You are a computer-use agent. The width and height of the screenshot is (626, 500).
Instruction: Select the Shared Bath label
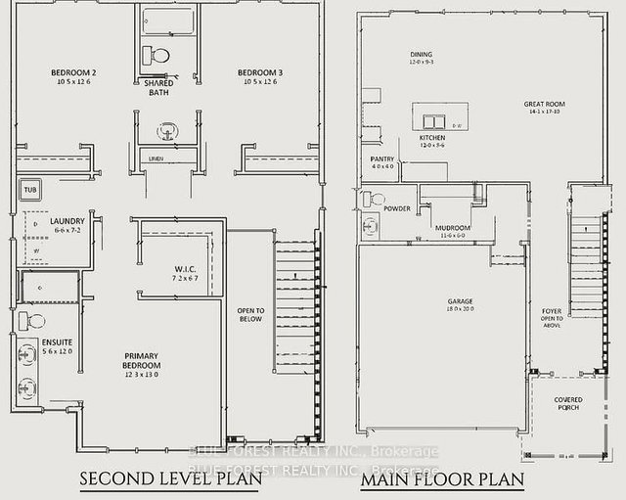point(157,88)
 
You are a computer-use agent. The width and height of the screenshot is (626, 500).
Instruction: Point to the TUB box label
point(30,190)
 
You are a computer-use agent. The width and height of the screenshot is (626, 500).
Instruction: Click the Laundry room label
point(68,222)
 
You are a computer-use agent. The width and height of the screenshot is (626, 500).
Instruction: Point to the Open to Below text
point(250,315)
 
